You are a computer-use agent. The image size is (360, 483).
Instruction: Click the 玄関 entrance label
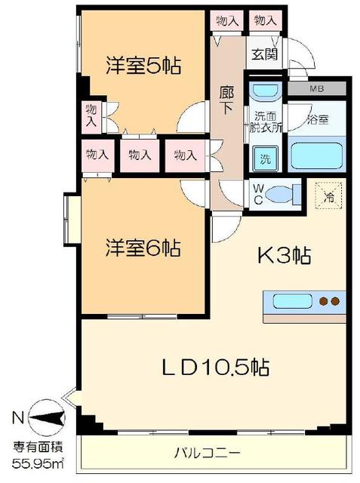click(x=265, y=54)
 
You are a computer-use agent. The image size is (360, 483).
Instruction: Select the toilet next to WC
click(x=284, y=194)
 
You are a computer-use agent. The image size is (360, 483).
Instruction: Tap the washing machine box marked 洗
click(x=265, y=159)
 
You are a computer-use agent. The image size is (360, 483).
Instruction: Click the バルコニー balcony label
click(x=207, y=454)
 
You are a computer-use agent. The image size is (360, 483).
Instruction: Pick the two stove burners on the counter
click(x=328, y=301)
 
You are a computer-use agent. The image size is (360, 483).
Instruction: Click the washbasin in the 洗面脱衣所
click(x=264, y=93)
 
